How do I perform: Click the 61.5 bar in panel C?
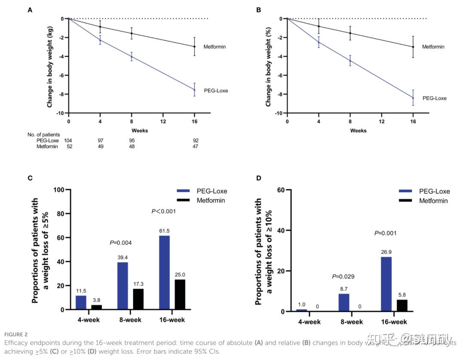[164, 272]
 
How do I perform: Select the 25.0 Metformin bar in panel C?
[180, 294]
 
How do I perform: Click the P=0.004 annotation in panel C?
[121, 243]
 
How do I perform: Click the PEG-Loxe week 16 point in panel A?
[194, 89]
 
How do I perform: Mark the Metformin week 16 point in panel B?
[413, 47]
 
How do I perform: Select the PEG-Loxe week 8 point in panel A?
[131, 56]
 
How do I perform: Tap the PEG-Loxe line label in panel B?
[434, 98]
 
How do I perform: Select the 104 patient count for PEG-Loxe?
[68, 140]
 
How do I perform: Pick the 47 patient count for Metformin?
[195, 146]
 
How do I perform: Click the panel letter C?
[30, 177]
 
